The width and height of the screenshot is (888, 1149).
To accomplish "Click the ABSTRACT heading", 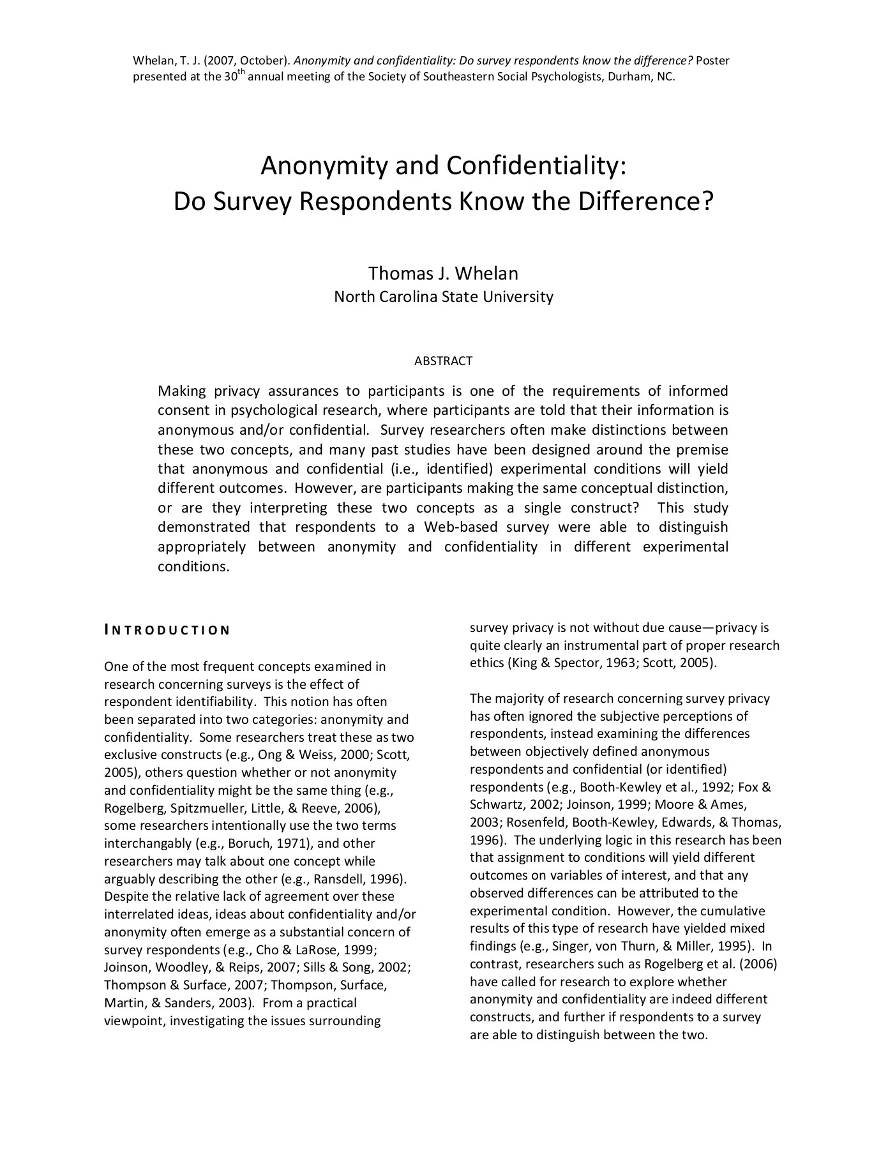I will pyautogui.click(x=443, y=361).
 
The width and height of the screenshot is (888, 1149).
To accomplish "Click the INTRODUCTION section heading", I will pyautogui.click(x=167, y=631).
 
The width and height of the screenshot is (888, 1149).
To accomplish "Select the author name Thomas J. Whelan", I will pyautogui.click(x=443, y=273).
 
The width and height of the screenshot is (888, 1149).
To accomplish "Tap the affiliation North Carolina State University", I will pyautogui.click(x=443, y=297).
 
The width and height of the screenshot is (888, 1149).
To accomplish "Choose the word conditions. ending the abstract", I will pyautogui.click(x=193, y=567).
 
